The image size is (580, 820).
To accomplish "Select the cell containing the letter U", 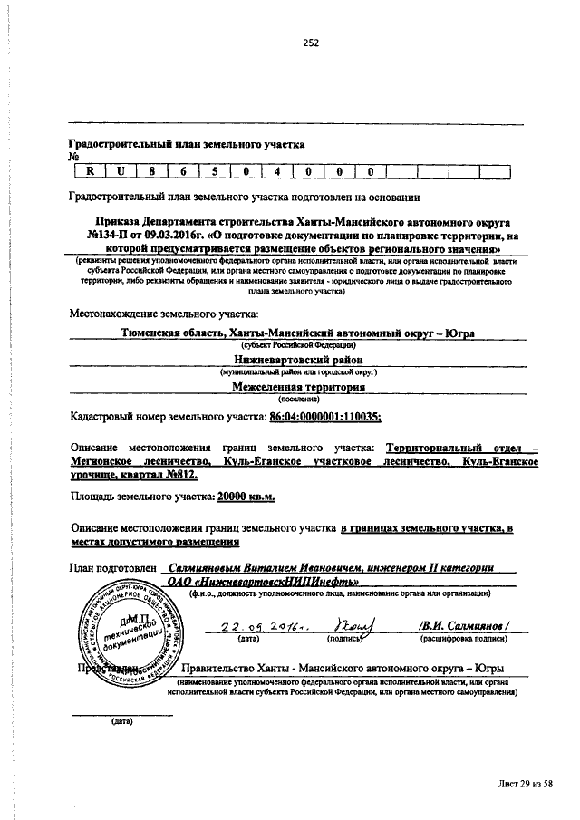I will coord(120,170).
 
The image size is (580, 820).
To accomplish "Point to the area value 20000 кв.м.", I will coord(246,496).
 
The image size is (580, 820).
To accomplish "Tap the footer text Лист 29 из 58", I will coord(525,783).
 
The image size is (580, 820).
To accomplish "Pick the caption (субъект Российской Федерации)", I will coord(297,345).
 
